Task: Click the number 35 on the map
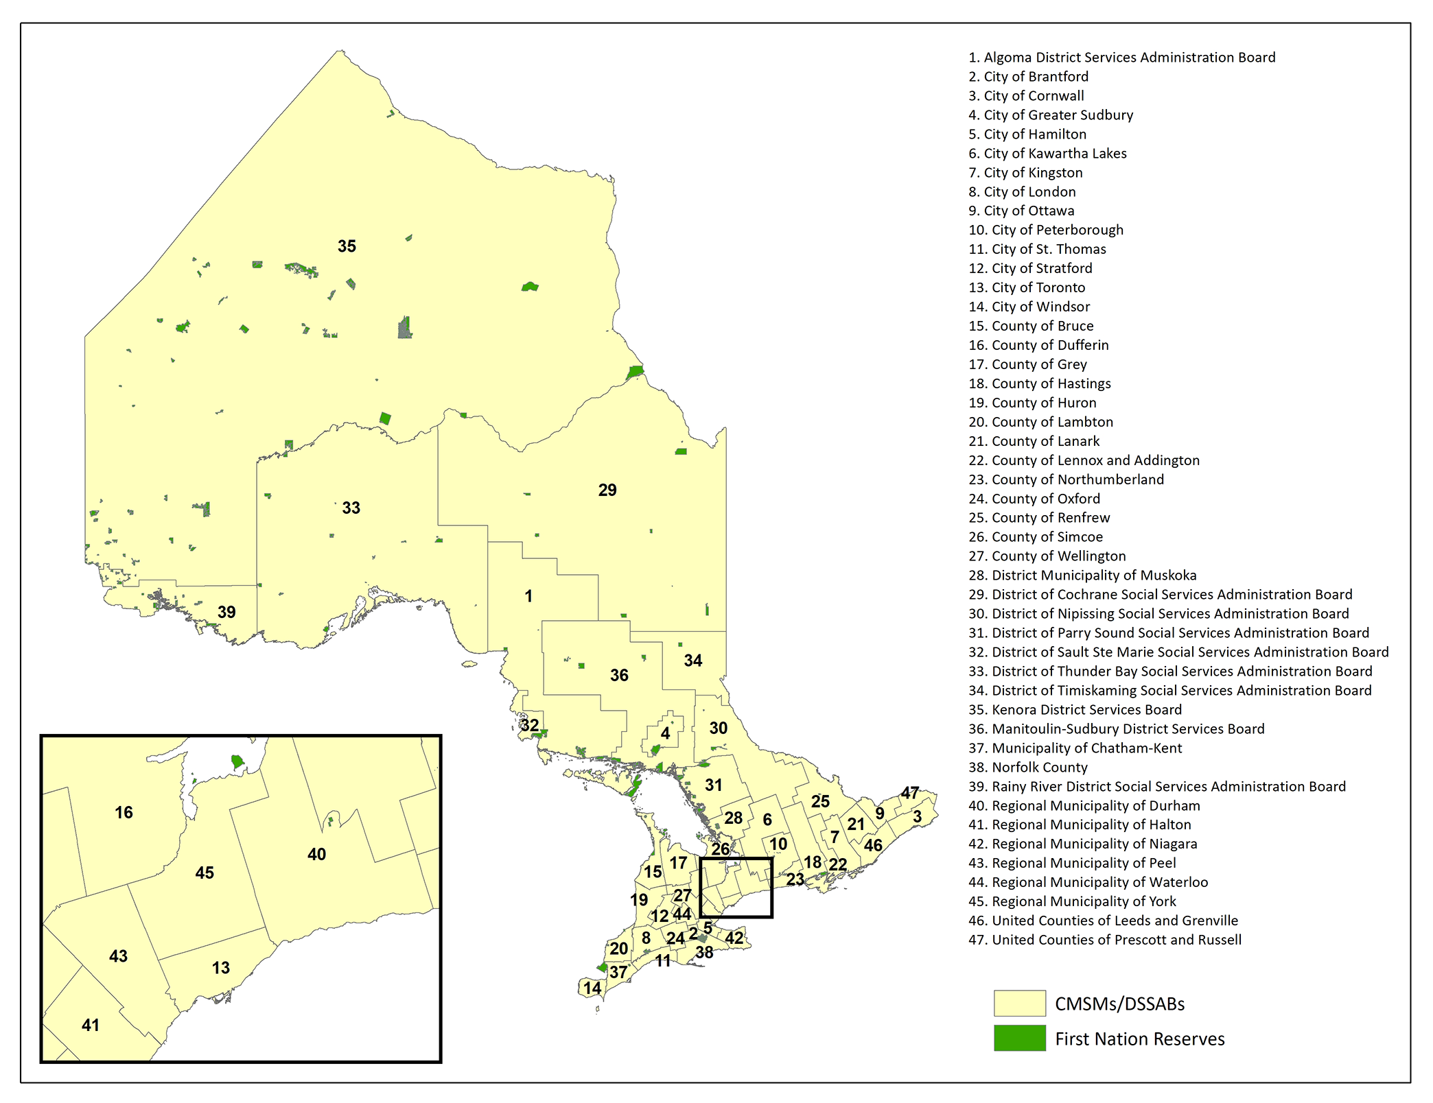[347, 246]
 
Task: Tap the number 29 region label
[607, 490]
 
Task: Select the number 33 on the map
[351, 508]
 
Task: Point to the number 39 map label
[226, 612]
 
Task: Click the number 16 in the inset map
[124, 813]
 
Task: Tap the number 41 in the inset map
[91, 1025]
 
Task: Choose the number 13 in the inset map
[220, 968]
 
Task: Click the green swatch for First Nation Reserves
[1019, 1039]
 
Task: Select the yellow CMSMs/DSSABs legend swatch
[1019, 1003]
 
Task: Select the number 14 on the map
[592, 988]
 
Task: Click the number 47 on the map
[910, 793]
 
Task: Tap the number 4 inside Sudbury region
[665, 733]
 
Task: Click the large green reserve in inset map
[237, 761]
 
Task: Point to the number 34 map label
[692, 661]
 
